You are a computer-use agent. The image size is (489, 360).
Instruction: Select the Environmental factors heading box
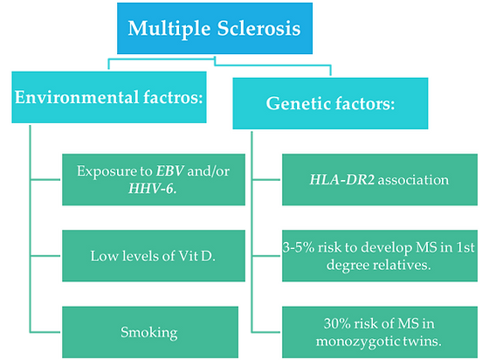[x=110, y=98]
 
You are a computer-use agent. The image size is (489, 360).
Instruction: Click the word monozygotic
[x=345, y=341]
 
